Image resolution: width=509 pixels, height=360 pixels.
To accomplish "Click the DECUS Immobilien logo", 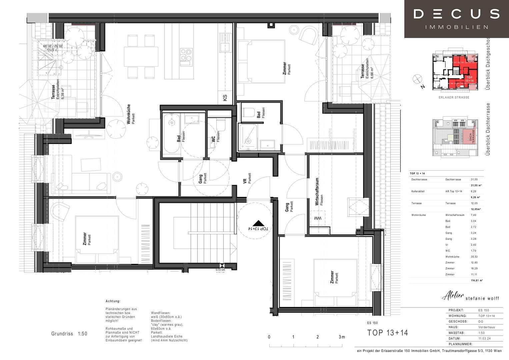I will tap(456, 19).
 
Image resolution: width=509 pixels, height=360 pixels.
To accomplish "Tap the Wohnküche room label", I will tap(130, 114).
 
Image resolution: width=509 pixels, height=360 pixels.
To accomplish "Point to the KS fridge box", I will tap(225, 98).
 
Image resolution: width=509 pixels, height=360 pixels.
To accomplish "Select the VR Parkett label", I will tap(247, 179).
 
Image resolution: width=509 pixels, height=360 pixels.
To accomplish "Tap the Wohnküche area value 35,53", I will tap(474, 257).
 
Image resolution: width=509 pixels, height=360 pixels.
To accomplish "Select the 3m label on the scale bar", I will tap(342, 337).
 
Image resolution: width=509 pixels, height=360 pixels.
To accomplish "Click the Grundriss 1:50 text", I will tap(69, 334).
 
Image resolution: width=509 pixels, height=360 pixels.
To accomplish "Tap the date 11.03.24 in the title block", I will tap(484, 338).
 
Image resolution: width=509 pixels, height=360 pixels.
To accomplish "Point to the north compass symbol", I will tap(417, 79).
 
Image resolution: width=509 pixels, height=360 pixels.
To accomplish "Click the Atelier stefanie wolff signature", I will tap(470, 296).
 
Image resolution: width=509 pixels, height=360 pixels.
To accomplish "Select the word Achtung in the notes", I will tap(113, 301).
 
